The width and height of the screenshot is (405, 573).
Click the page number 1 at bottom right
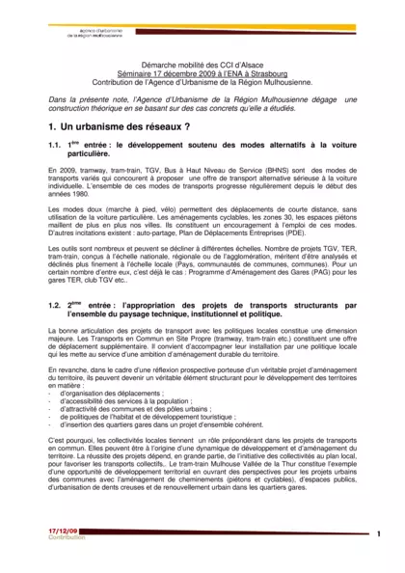click(x=379, y=533)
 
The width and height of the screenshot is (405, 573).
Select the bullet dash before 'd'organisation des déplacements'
click(x=49, y=394)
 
